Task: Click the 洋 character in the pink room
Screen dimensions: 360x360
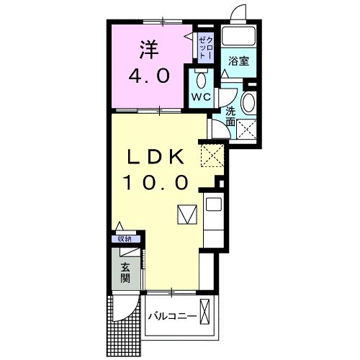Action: click(149, 51)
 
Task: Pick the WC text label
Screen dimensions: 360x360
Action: click(200, 96)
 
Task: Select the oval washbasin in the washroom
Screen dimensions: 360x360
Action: click(248, 104)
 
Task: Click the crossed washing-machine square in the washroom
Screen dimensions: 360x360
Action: click(249, 130)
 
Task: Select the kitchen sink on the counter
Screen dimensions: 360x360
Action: click(214, 204)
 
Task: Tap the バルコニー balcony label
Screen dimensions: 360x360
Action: click(173, 316)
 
